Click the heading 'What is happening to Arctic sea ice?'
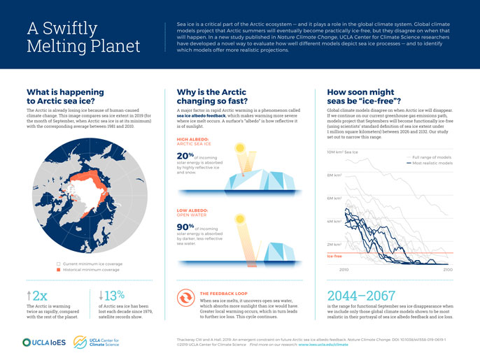coord(66,96)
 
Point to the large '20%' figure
coord(185,155)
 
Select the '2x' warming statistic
coord(36,295)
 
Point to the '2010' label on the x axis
coord(344,269)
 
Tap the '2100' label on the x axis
coord(448,269)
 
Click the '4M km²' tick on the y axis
coord(334,222)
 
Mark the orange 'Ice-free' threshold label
coord(334,256)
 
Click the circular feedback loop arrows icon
coord(185,299)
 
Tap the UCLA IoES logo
coord(45,342)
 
